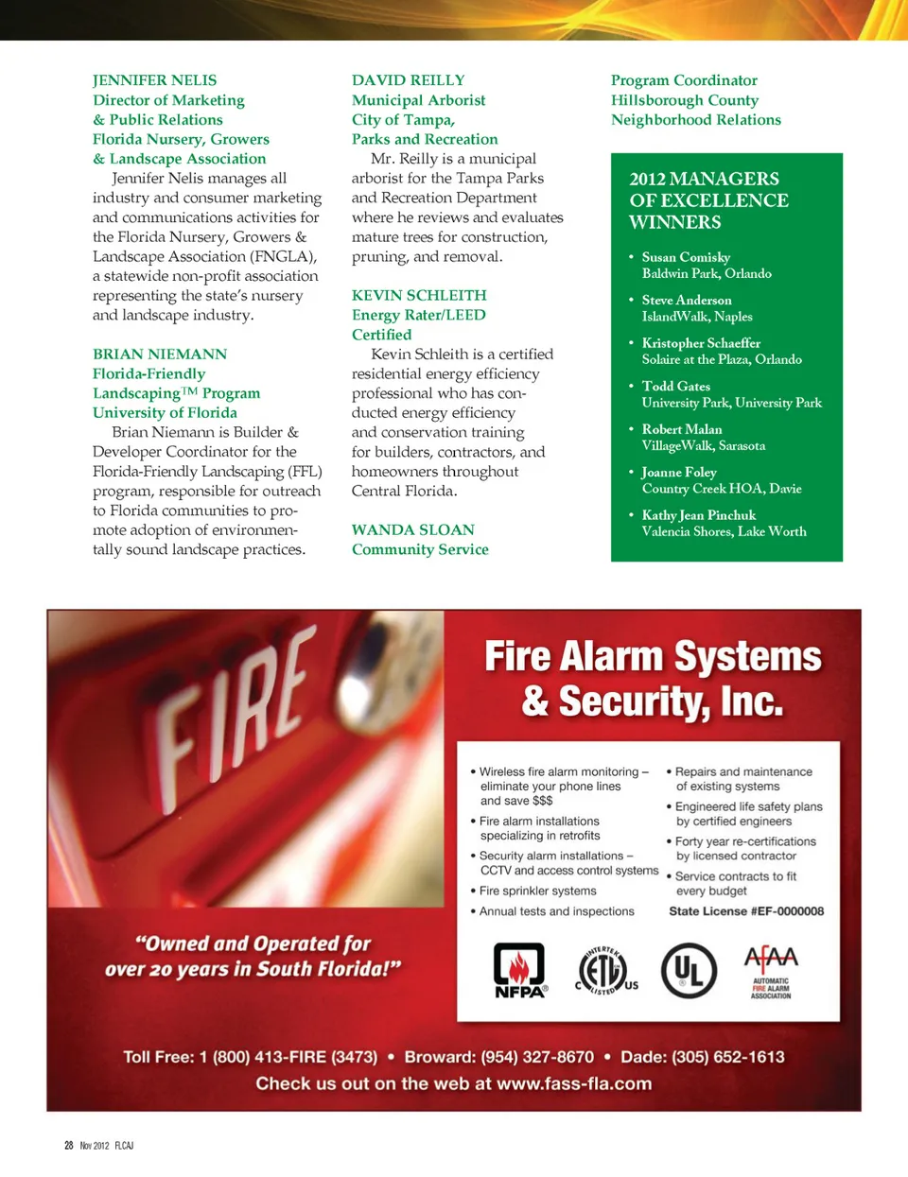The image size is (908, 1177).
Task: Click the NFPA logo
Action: [519, 970]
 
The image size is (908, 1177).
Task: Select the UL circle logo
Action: [689, 970]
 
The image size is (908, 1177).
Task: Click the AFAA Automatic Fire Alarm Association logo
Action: [771, 972]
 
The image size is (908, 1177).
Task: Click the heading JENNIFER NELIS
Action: [154, 80]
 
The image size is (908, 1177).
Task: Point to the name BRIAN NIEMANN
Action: [160, 354]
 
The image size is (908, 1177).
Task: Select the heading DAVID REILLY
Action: [408, 80]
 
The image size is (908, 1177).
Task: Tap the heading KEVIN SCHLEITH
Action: [419, 295]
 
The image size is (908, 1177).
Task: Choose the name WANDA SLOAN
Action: [413, 529]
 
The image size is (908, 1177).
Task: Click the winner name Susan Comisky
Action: [686, 257]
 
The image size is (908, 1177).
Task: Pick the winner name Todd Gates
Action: [675, 386]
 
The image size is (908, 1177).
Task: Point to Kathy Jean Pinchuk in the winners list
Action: [699, 515]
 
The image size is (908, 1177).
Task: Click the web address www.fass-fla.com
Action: [574, 1083]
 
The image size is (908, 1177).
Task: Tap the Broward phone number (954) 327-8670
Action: [537, 1057]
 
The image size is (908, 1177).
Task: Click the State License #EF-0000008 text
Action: [746, 911]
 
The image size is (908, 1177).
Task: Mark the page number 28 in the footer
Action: [69, 1145]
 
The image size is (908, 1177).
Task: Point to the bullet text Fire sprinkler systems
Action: [537, 891]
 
